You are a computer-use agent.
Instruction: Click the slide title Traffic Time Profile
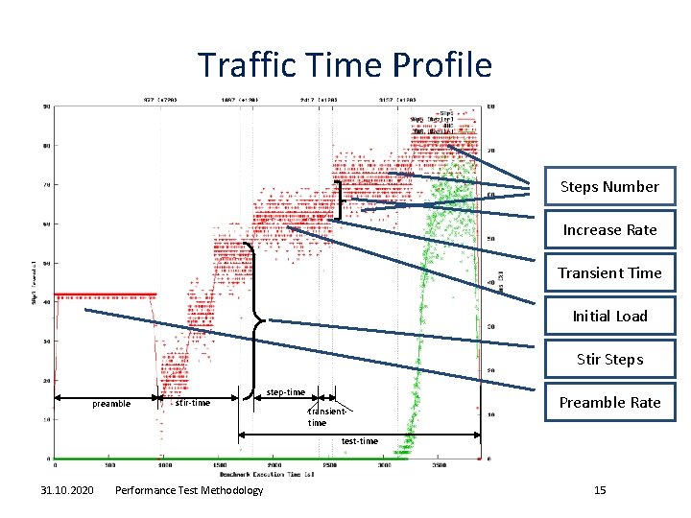tap(345, 65)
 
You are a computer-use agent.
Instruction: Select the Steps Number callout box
tap(609, 187)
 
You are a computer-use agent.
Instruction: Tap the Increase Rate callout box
tap(609, 230)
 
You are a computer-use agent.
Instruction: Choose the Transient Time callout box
tap(609, 273)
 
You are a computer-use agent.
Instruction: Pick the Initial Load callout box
tap(609, 317)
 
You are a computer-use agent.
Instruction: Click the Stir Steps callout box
tap(609, 360)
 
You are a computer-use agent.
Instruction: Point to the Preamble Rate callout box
tap(609, 403)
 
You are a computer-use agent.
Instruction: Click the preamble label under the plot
tap(111, 404)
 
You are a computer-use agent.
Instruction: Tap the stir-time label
tap(193, 403)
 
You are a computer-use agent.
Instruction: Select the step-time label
tap(285, 392)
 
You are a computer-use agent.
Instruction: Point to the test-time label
tap(360, 441)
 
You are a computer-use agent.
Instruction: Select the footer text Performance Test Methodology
tap(188, 491)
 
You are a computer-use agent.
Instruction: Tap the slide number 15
tap(600, 491)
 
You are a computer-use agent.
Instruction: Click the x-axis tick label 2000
tap(274, 466)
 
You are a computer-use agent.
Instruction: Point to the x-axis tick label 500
tap(109, 466)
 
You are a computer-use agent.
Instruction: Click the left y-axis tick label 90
tap(46, 106)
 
